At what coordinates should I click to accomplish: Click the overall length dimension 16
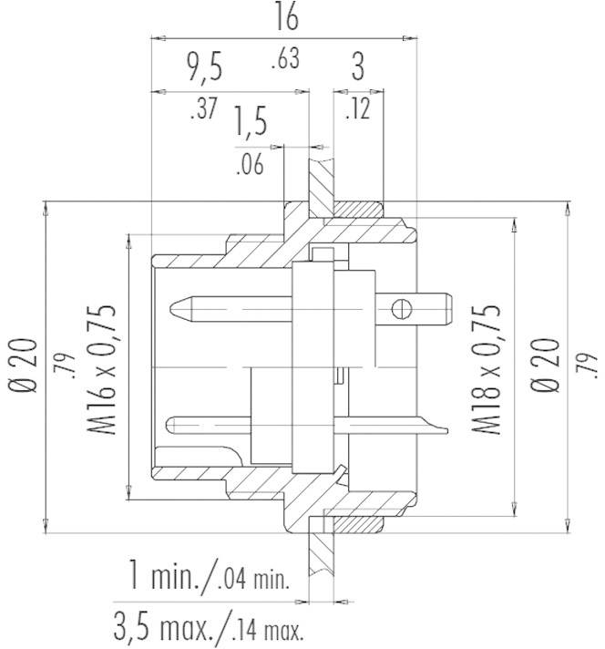tap(285, 18)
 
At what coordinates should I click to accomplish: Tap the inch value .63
tap(285, 60)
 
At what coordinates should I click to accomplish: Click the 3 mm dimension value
tap(359, 69)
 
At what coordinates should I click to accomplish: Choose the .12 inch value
tap(359, 109)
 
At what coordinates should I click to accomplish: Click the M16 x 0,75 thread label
tap(107, 368)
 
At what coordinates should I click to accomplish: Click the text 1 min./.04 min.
tap(209, 577)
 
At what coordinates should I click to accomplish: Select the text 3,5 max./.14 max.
tap(209, 627)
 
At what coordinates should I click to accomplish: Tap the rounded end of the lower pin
tap(173, 423)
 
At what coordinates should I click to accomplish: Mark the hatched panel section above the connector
tap(320, 181)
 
